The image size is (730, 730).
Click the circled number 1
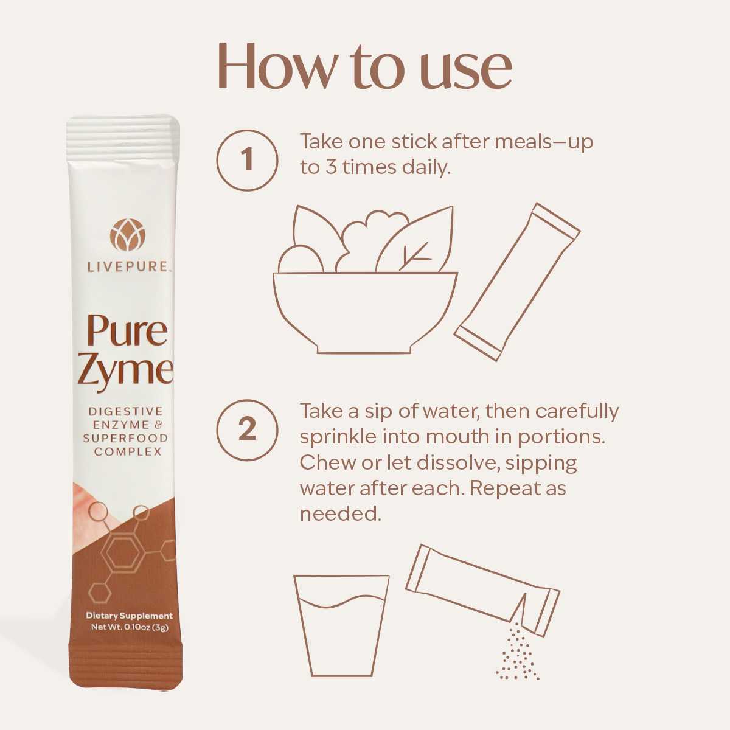(247, 160)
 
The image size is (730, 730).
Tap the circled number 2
(247, 429)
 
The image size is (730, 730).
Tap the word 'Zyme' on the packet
(126, 369)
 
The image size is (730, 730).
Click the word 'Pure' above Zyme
(127, 330)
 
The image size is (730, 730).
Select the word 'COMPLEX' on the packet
(128, 451)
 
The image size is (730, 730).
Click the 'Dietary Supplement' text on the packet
(129, 616)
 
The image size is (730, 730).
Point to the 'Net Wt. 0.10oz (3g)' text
(129, 627)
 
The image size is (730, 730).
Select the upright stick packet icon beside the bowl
(517, 282)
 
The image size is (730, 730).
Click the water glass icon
(341, 625)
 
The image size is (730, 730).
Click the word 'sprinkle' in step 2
(338, 437)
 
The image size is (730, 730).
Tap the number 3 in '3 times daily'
(332, 167)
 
